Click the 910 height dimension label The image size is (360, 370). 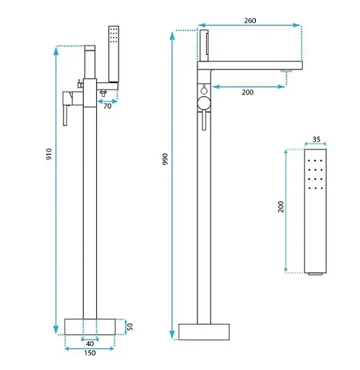(x=49, y=154)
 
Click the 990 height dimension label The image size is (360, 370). (x=166, y=159)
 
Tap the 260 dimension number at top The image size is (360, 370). (x=250, y=21)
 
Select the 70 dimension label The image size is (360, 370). (x=108, y=106)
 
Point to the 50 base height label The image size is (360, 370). (x=129, y=327)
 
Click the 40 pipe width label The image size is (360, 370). (x=90, y=344)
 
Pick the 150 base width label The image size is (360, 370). (x=90, y=353)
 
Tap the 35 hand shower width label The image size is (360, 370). (x=317, y=139)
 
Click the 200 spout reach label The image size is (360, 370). (x=247, y=92)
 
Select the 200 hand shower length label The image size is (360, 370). (x=281, y=207)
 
